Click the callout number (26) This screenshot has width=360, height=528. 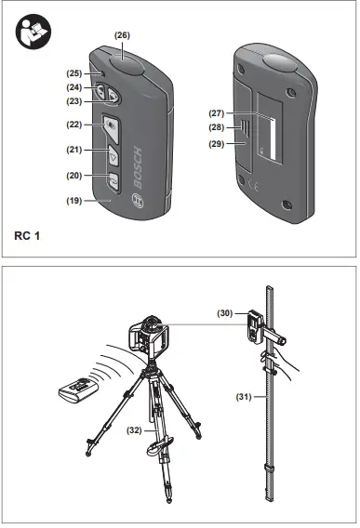tap(122, 34)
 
